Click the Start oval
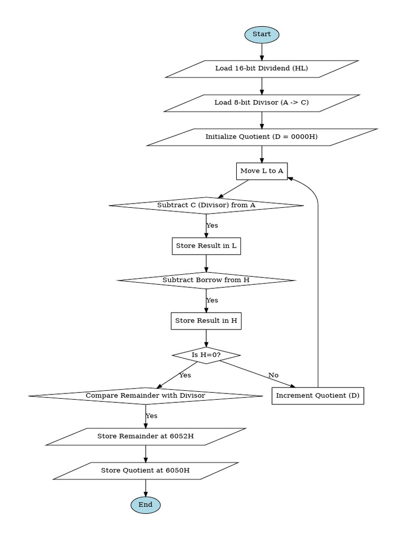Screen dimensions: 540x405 click(262, 34)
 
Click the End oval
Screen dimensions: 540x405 click(146, 505)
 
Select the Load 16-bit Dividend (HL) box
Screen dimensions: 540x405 click(262, 69)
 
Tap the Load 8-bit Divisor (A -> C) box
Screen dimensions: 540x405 click(262, 103)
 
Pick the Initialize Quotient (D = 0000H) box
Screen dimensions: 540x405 click(262, 137)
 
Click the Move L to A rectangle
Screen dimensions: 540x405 click(262, 171)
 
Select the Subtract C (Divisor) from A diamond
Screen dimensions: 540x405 click(206, 205)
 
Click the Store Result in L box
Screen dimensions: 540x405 click(206, 246)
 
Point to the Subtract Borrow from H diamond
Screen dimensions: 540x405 click(206, 280)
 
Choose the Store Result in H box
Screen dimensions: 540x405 click(206, 321)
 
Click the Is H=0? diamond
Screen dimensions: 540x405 click(206, 355)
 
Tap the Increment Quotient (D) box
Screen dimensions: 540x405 click(318, 396)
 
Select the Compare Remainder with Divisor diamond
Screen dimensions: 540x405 click(146, 396)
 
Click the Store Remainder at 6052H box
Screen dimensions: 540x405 click(146, 437)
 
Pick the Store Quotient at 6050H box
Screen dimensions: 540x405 click(146, 470)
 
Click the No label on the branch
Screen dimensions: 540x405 click(273, 375)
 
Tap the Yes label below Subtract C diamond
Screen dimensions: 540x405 click(212, 226)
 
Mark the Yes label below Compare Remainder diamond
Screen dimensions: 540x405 click(151, 416)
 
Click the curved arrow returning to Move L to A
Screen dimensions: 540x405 click(318, 264)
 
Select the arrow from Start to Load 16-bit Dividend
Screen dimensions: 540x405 click(262, 51)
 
